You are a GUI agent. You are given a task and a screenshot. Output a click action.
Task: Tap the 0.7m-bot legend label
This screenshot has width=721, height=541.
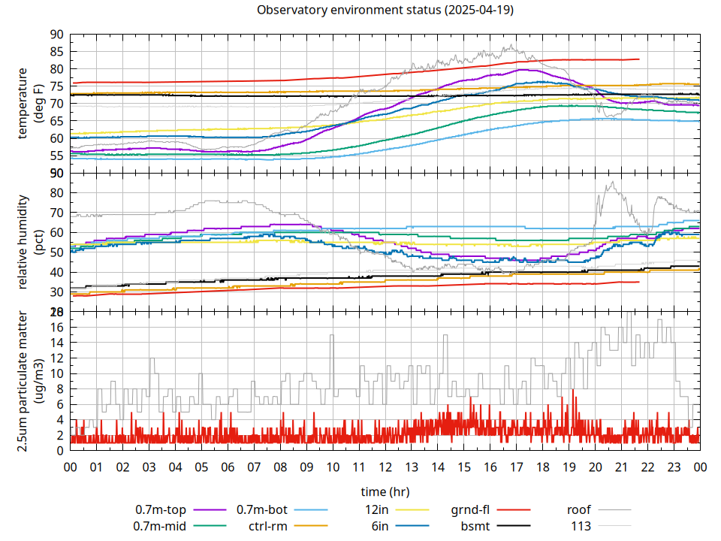click(262, 509)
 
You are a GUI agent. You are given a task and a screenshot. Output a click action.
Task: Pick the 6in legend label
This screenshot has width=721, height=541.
click(380, 526)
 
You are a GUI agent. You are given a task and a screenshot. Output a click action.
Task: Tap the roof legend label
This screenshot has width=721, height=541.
click(579, 509)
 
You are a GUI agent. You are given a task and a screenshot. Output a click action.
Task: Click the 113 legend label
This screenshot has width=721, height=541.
click(581, 526)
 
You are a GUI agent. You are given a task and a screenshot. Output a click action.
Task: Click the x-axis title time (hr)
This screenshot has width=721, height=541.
click(385, 492)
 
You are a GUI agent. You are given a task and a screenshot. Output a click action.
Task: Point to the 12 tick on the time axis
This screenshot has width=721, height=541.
click(385, 467)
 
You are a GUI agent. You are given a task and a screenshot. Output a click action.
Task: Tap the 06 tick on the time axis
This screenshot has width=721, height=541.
click(228, 467)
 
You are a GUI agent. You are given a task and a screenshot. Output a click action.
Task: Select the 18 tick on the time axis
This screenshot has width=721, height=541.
click(542, 467)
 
